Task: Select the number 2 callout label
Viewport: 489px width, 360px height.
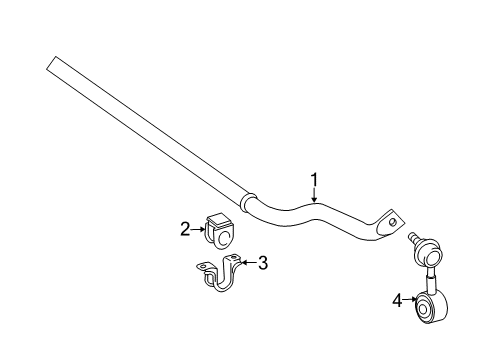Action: (x=185, y=229)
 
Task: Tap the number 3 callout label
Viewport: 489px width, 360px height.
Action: (x=263, y=264)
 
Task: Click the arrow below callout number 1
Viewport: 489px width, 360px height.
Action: (x=314, y=197)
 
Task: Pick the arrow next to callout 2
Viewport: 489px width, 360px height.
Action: (x=199, y=229)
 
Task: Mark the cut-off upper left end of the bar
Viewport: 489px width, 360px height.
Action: (x=52, y=63)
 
